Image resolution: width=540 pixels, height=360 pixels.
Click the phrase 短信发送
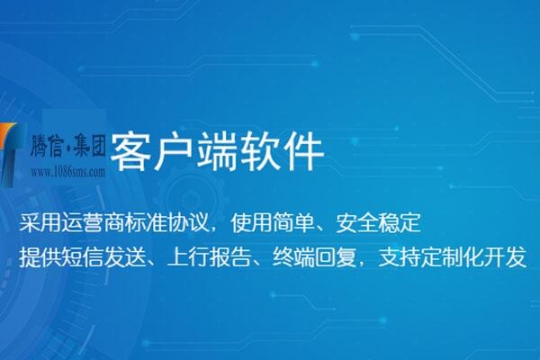click(x=104, y=256)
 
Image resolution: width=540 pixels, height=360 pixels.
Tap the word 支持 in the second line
click(x=390, y=256)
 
